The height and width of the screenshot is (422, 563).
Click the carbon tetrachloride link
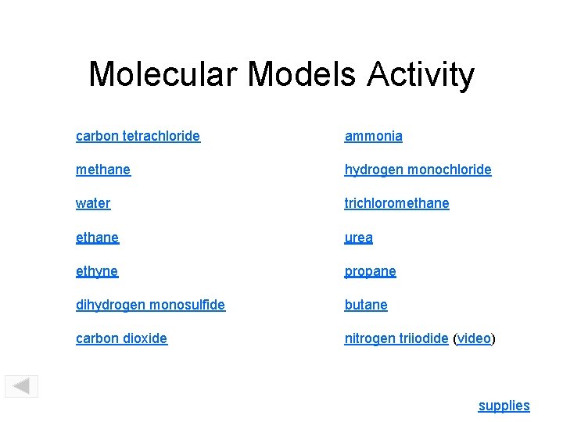pos(138,136)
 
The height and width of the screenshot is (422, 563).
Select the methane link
pos(103,170)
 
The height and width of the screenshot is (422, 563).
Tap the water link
pos(93,203)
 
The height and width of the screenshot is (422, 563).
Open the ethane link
pos(97,237)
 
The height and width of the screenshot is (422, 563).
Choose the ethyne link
pos(97,271)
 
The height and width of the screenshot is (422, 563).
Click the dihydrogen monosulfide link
pos(150,305)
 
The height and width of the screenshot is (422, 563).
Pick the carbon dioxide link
pos(121,338)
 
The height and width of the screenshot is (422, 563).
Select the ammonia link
pos(374,136)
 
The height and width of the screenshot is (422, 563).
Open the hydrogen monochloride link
pos(418,170)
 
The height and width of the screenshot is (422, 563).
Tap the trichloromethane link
pos(397,203)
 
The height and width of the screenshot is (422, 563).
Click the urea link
pos(359,237)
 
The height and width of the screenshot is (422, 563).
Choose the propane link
pos(371,271)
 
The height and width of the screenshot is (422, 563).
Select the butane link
pos(366,305)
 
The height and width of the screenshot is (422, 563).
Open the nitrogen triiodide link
pos(396,338)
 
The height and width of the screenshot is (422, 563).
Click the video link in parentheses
pos(474,338)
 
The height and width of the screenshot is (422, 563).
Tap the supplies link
pos(504,406)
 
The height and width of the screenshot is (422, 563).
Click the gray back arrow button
pos(21,386)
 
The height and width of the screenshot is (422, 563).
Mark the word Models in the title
pos(302,75)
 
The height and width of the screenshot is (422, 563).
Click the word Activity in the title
pos(421,75)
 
